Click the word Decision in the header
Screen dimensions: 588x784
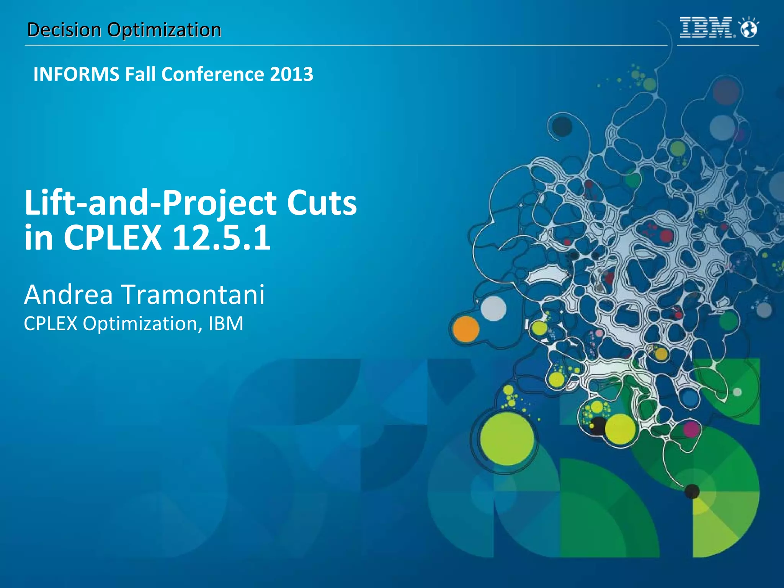(x=64, y=30)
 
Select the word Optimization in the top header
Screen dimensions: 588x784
(x=164, y=30)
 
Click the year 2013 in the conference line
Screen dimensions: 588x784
(x=291, y=74)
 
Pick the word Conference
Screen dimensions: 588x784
(x=212, y=74)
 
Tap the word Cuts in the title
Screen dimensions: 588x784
(x=322, y=203)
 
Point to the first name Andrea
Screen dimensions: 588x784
(x=69, y=295)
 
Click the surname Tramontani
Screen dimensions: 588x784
(x=193, y=295)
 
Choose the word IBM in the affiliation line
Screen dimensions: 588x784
(x=226, y=324)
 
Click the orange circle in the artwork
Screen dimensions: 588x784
(x=465, y=329)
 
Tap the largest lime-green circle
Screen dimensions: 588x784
(x=506, y=438)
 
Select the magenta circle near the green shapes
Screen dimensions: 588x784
(x=691, y=429)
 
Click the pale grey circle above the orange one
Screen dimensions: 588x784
(x=493, y=308)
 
